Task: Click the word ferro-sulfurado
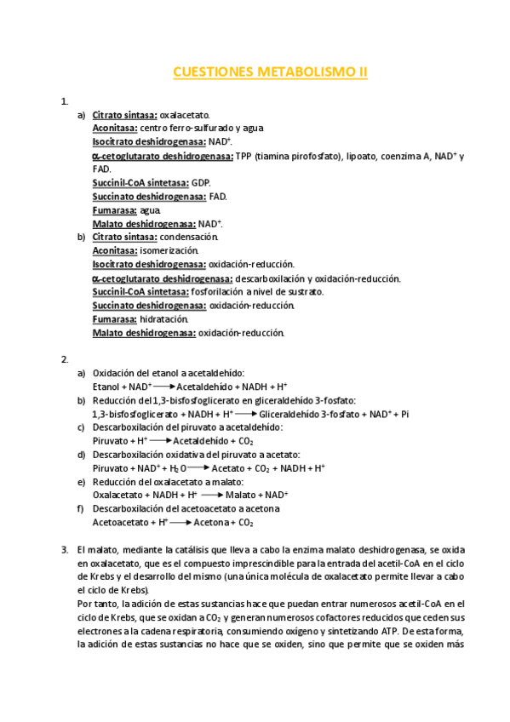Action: coord(192,129)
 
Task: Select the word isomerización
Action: coord(169,250)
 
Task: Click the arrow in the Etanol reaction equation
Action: coord(164,387)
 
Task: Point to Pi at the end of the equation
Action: coord(404,414)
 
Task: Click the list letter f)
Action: coord(81,509)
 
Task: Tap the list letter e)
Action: coord(81,482)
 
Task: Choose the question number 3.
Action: coord(65,550)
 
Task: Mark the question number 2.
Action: coord(65,359)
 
